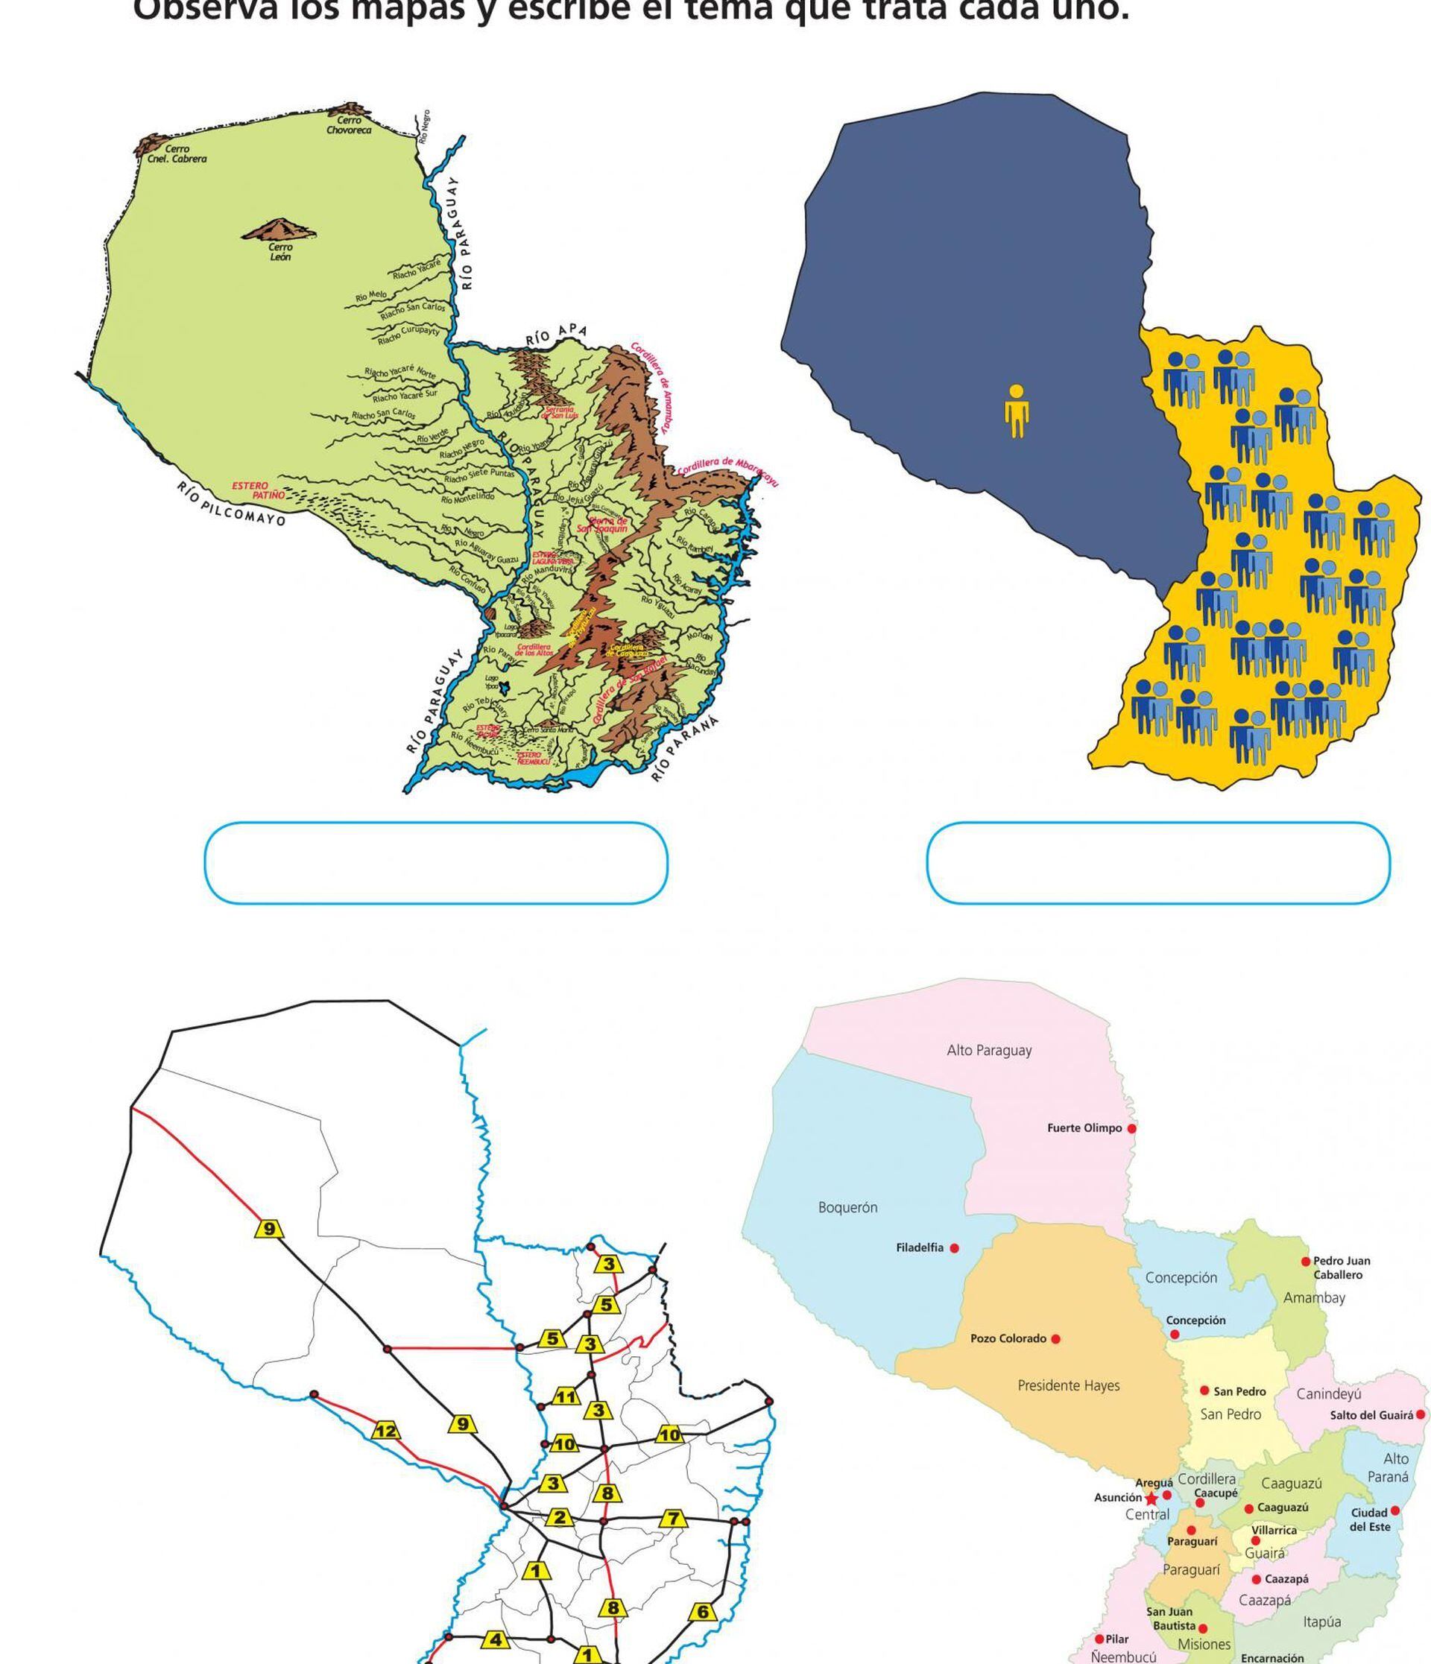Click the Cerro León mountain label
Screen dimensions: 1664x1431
(280, 252)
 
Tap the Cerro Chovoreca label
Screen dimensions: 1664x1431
(349, 125)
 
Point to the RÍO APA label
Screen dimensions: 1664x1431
(557, 334)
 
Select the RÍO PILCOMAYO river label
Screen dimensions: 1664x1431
(231, 504)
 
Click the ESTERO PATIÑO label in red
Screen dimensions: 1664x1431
(259, 490)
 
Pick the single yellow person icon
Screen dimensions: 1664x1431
(1016, 411)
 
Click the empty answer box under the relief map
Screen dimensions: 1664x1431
(436, 862)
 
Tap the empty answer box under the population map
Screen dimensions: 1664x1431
(1158, 862)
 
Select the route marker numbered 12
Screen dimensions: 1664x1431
(385, 1430)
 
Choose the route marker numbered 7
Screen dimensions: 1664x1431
(674, 1518)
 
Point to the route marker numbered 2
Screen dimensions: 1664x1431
(560, 1518)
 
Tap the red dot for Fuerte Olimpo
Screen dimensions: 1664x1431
(1131, 1128)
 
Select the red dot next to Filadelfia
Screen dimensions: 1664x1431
(954, 1248)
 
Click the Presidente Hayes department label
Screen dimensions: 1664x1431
(1068, 1385)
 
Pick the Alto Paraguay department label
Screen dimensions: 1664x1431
(988, 1051)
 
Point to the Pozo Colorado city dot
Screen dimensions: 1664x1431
(1055, 1339)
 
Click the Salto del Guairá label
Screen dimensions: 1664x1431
(1371, 1415)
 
